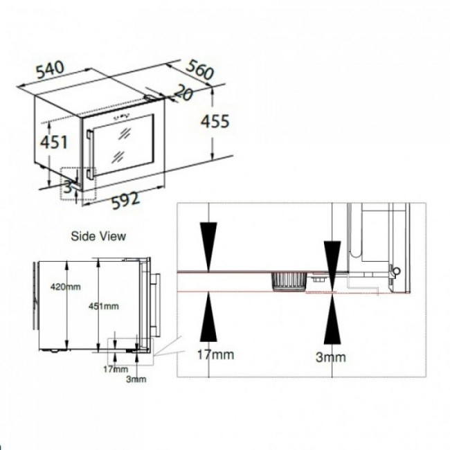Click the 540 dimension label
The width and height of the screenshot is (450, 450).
(x=51, y=70)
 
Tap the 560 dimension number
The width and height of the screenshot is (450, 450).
(x=200, y=69)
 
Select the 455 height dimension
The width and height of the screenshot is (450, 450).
(x=215, y=121)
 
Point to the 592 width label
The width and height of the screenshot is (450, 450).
(x=126, y=200)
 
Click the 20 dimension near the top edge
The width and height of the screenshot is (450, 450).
(x=183, y=92)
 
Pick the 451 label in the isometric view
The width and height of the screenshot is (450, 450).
(x=54, y=142)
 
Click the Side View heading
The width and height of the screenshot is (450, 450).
(x=98, y=236)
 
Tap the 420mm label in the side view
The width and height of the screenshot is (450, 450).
(x=66, y=287)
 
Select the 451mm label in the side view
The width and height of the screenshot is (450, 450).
(x=104, y=306)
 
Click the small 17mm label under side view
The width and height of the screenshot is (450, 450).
(x=116, y=369)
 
